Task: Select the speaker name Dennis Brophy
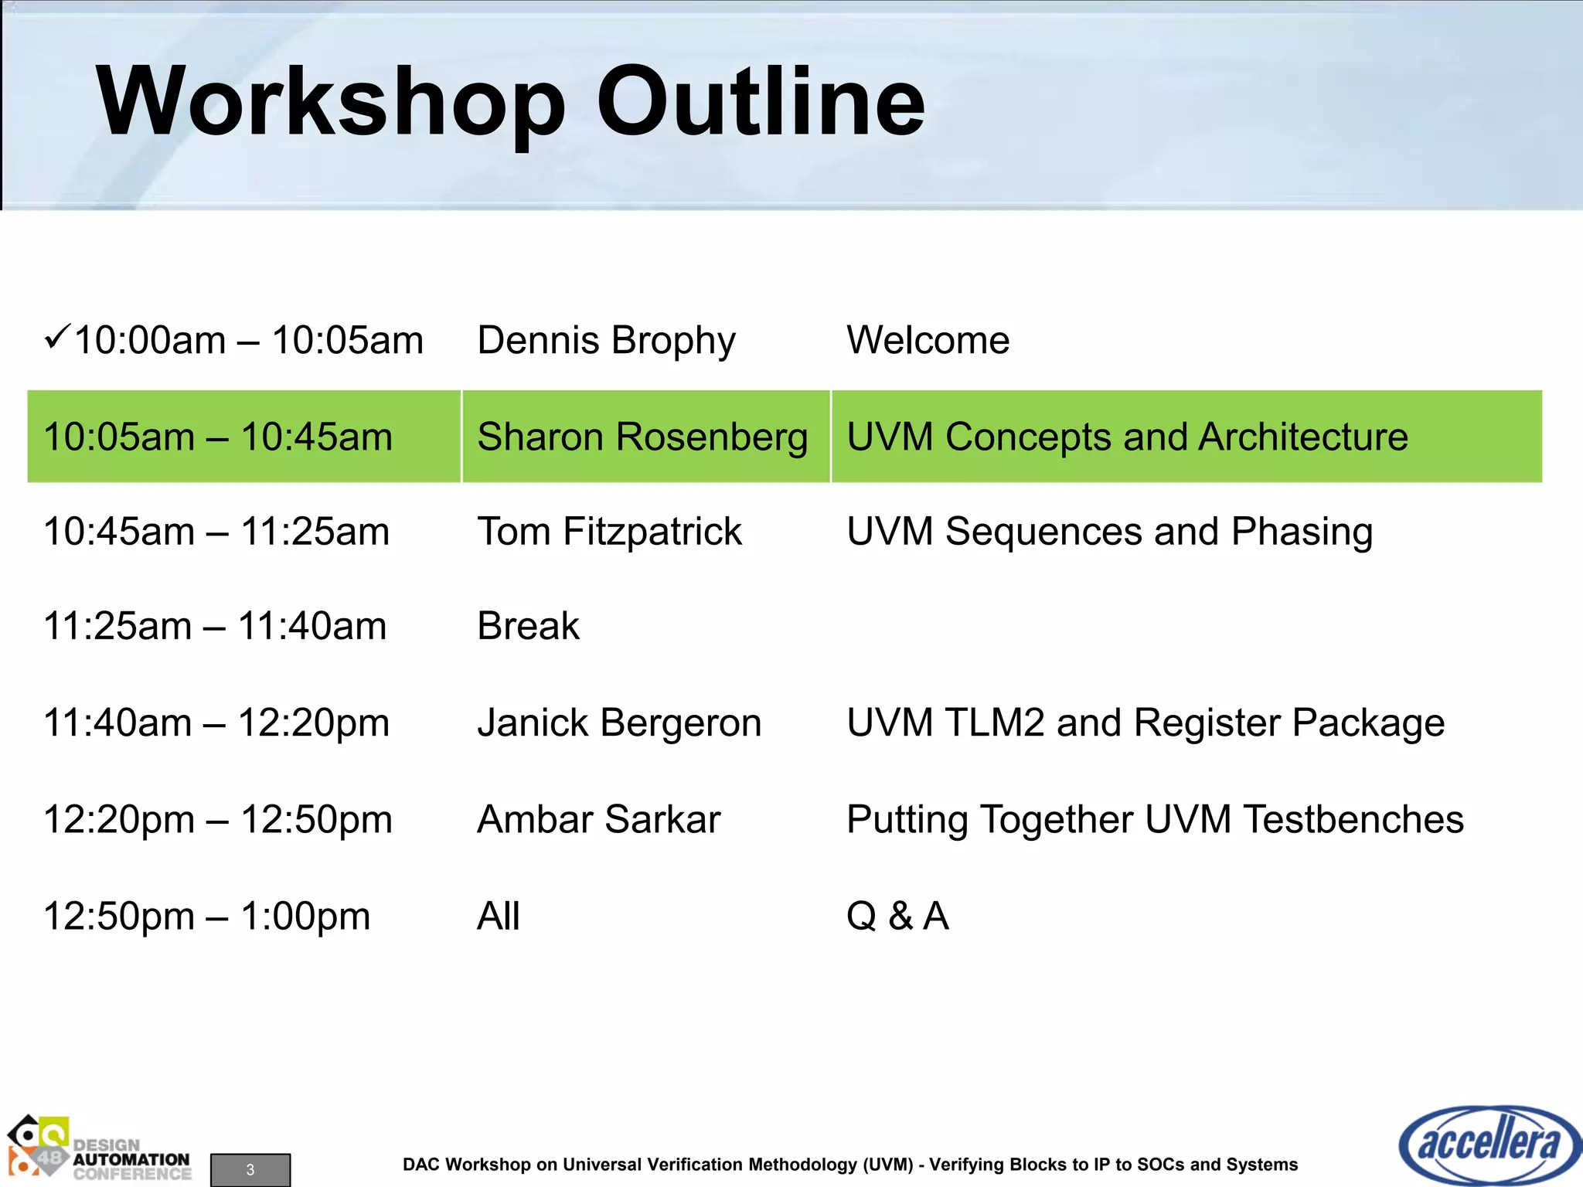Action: (x=606, y=341)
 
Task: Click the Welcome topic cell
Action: (x=928, y=340)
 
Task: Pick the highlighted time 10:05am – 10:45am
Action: (x=218, y=437)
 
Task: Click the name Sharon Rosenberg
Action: (x=642, y=437)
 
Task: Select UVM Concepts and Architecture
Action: (x=1127, y=437)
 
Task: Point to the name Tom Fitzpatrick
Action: (x=609, y=532)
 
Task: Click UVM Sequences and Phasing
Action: (x=1109, y=532)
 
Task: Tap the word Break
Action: (x=528, y=626)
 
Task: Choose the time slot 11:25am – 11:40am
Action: (x=215, y=626)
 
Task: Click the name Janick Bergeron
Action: (x=619, y=723)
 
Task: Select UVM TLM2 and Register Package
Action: (x=1145, y=723)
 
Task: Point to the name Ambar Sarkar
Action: (x=598, y=819)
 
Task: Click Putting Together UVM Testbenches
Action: (x=1155, y=819)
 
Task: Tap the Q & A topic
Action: (x=897, y=916)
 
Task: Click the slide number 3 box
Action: (x=250, y=1169)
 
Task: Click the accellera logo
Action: (x=1489, y=1144)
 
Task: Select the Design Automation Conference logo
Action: (x=99, y=1149)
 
